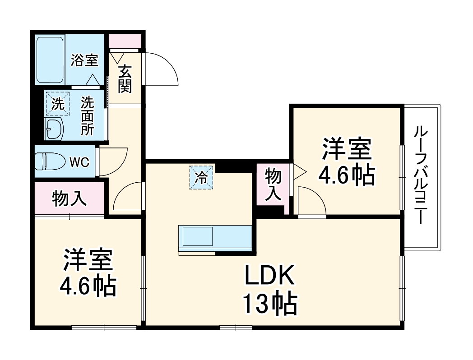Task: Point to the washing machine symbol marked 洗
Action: point(57,104)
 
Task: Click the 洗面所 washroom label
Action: point(87,116)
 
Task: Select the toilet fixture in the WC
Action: point(48,161)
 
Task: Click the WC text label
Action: point(79,162)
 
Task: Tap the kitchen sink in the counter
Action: point(197,236)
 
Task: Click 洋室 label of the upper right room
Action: point(347,149)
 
